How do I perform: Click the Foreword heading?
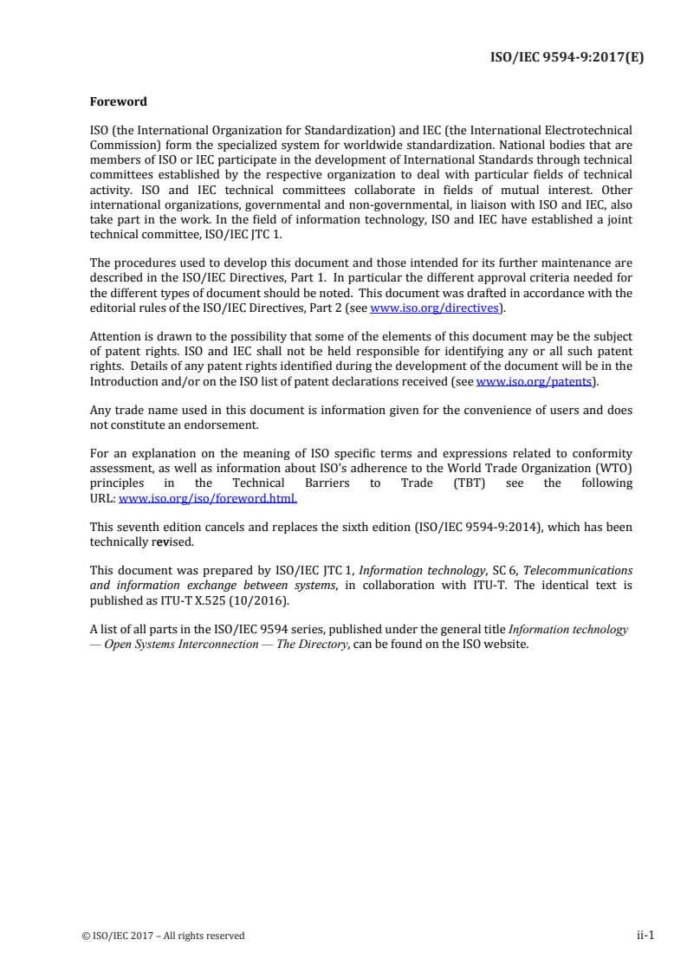(118, 101)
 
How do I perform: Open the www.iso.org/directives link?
(434, 308)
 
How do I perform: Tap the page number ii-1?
(644, 935)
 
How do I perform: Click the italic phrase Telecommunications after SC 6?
(578, 570)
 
